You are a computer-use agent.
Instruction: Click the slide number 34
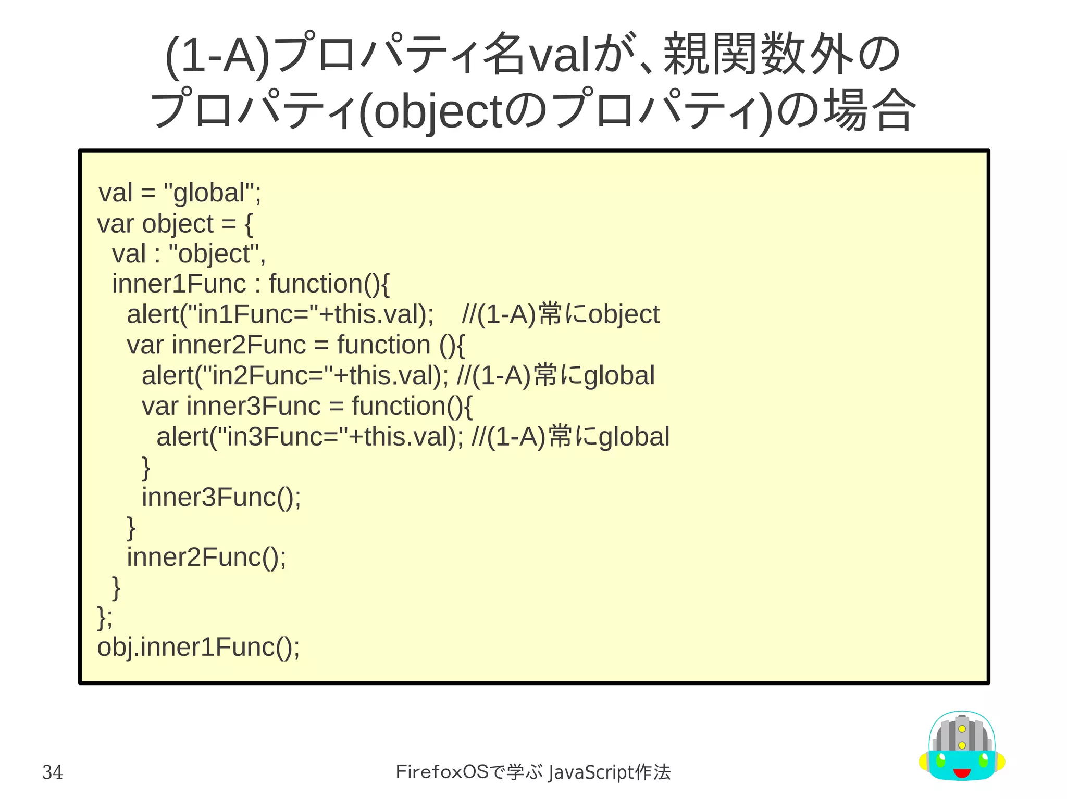pyautogui.click(x=53, y=772)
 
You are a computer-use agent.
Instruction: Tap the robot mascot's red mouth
pyautogui.click(x=962, y=773)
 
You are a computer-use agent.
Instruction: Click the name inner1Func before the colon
pyautogui.click(x=179, y=284)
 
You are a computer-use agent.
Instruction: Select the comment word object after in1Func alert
pyautogui.click(x=624, y=315)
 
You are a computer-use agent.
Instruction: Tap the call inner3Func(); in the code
pyautogui.click(x=221, y=497)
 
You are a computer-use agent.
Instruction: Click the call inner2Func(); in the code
pyautogui.click(x=206, y=557)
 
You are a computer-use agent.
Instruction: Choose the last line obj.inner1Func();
pyautogui.click(x=198, y=648)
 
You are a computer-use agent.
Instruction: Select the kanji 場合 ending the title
pyautogui.click(x=869, y=110)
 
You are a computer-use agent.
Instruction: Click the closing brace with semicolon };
pyautogui.click(x=105, y=617)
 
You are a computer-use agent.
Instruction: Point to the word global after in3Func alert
pyautogui.click(x=634, y=437)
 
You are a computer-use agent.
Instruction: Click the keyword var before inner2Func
pyautogui.click(x=145, y=345)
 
